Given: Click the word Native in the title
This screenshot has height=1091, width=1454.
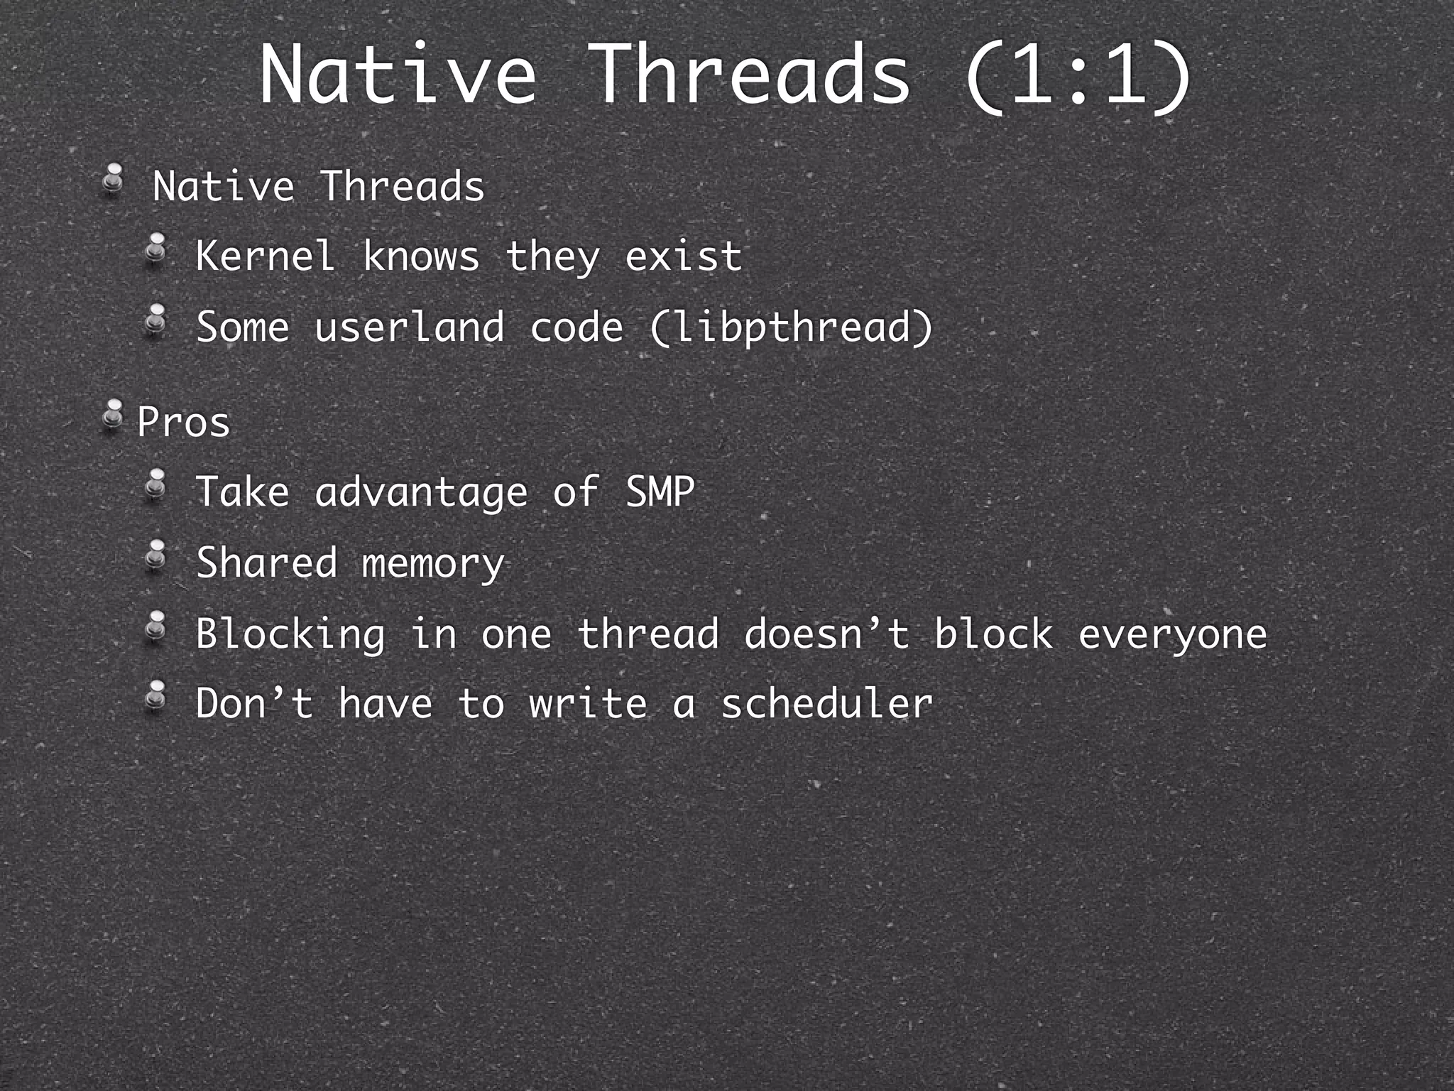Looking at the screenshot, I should coord(398,75).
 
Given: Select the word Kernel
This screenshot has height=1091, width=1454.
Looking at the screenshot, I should coord(265,256).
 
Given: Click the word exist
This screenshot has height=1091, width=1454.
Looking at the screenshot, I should coord(683,256).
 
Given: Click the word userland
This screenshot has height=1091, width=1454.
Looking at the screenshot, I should coord(409,327).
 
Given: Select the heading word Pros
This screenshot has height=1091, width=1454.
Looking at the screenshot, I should coord(183,422).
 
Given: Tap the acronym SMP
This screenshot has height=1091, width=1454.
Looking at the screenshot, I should coord(660,492).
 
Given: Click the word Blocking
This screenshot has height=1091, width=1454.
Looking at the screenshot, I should coord(290,634).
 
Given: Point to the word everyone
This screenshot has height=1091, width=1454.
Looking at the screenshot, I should coord(1172,634).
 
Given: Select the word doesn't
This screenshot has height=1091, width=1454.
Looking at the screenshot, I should coord(826,633).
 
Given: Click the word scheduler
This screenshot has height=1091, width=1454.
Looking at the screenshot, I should coord(826,704).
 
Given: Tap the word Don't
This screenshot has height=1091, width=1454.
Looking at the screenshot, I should coord(254,704).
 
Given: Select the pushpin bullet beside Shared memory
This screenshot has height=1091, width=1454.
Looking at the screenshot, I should coord(155,555).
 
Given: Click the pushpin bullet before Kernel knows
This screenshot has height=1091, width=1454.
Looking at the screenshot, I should coord(155,249).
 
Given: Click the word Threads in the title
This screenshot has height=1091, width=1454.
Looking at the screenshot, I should coord(750,75).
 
